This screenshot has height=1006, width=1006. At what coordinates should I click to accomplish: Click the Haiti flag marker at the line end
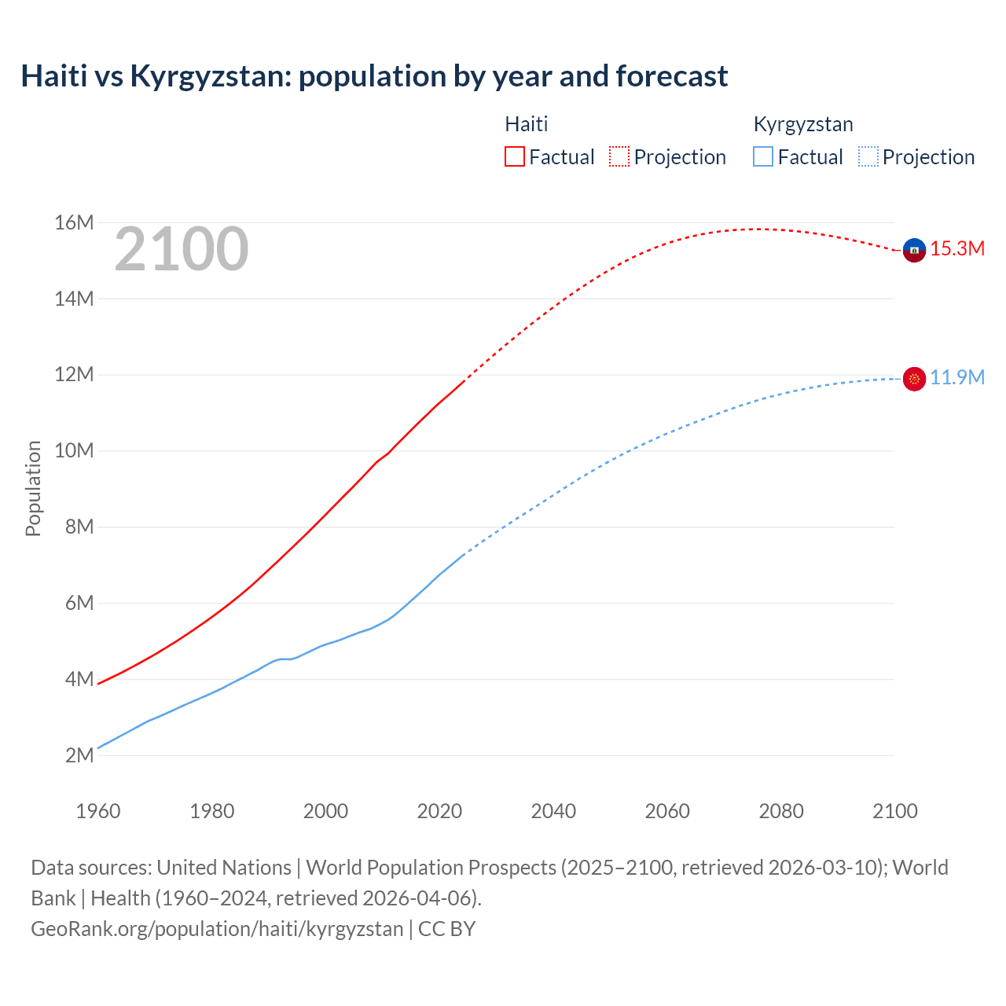[914, 250]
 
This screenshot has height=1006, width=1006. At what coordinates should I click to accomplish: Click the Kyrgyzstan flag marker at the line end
[914, 379]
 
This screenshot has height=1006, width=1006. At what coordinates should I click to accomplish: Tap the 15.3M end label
[957, 249]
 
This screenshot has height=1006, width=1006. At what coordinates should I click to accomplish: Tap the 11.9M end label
[957, 378]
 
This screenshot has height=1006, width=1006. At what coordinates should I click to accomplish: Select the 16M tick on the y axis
[74, 223]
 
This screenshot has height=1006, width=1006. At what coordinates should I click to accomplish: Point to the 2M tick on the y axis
[79, 755]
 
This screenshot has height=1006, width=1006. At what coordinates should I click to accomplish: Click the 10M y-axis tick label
[74, 451]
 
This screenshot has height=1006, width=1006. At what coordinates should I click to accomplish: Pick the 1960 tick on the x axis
[98, 811]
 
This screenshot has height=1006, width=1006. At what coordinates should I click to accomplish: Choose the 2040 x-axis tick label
[553, 811]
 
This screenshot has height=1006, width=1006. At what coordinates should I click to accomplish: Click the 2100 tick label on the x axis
[894, 811]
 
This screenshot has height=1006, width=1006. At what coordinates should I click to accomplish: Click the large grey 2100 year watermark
[182, 249]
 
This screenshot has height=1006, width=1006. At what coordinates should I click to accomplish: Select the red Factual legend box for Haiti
[514, 156]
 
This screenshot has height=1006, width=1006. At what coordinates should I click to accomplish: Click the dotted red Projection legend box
[619, 156]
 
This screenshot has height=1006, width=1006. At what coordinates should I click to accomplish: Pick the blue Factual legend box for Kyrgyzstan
[762, 156]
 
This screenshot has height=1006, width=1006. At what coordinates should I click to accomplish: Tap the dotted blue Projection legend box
[868, 156]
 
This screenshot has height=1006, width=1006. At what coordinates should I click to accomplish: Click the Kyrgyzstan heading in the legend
[802, 124]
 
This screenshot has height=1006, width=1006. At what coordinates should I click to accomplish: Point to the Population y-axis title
[33, 488]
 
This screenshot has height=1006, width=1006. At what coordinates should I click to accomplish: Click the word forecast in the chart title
[672, 76]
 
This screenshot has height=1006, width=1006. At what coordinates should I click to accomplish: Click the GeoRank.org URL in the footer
[217, 929]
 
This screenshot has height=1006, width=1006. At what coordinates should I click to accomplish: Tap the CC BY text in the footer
[446, 929]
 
